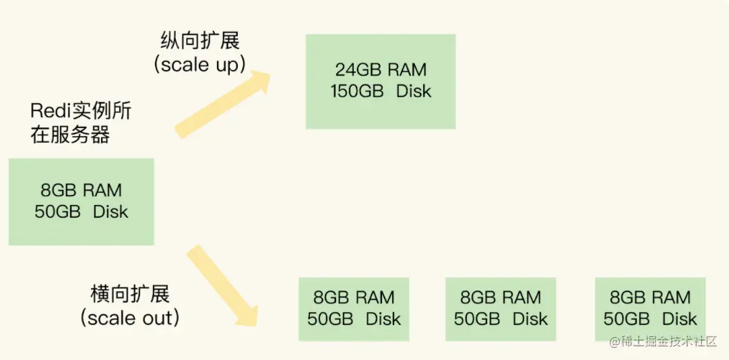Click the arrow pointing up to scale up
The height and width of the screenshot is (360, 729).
coord(223,104)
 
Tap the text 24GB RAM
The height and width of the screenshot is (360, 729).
coord(381,69)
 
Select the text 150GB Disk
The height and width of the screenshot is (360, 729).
coord(381,91)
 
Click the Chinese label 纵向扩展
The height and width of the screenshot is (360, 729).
coord(200,41)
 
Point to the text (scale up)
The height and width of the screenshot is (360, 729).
coord(199,65)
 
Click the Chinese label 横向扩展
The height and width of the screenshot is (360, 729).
coord(130,294)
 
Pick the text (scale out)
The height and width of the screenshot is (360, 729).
coord(130,318)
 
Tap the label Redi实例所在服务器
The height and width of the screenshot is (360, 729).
coord(81,123)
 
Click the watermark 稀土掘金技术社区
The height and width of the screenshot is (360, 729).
coord(663,342)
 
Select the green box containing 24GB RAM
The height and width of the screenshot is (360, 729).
coord(381,82)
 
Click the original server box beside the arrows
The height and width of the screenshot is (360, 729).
coord(82,202)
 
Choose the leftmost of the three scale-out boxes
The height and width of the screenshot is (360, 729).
coord(354,309)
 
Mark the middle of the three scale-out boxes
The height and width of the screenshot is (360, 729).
coord(501,309)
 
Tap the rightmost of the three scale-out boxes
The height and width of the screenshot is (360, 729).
coord(650,309)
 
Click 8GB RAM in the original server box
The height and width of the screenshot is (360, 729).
coord(82,190)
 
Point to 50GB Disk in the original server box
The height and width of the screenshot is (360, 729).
coord(82,212)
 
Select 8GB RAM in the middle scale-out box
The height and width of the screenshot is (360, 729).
coord(501,297)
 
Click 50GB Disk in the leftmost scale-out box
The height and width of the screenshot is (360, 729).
coord(354,319)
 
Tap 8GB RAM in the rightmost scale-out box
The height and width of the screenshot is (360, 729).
coord(650,297)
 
